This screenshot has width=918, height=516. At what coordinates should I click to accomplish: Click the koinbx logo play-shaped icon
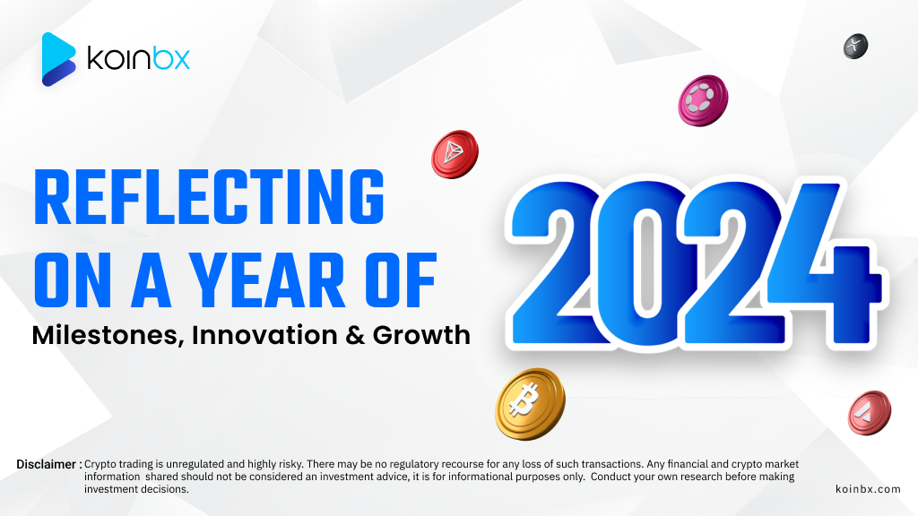click(x=58, y=59)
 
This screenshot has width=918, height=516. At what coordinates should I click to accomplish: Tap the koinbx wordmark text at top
click(x=139, y=58)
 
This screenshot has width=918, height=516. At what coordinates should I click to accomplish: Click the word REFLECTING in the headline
click(x=209, y=197)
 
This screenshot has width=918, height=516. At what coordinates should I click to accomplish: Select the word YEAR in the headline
click(x=268, y=280)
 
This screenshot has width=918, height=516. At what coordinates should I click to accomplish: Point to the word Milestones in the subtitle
click(x=108, y=335)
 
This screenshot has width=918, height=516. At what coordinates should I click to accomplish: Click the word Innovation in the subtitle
click(x=265, y=335)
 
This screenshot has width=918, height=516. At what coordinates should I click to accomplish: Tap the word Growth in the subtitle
click(x=421, y=335)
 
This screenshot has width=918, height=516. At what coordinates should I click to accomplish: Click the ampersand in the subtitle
click(x=355, y=336)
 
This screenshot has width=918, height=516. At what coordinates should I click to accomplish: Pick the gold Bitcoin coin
click(x=531, y=404)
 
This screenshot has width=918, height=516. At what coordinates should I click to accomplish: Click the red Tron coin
click(x=455, y=154)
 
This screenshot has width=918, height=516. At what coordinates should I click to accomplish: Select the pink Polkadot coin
click(x=703, y=100)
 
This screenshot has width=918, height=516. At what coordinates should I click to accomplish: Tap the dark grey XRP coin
click(x=855, y=47)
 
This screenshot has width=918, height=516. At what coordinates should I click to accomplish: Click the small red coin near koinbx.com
click(x=870, y=412)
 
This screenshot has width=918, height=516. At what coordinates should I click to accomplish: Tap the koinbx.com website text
click(x=868, y=489)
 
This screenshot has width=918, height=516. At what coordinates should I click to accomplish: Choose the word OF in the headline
click(x=402, y=280)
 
